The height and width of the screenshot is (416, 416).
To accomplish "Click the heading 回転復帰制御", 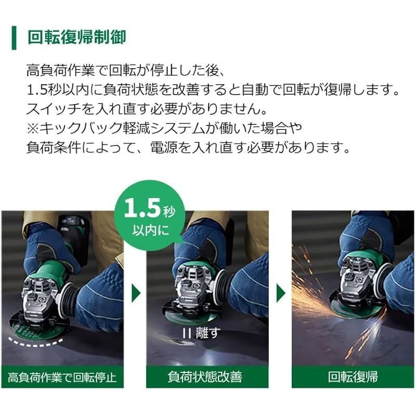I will (76, 38).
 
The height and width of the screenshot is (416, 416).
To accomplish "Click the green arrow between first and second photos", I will (136, 294).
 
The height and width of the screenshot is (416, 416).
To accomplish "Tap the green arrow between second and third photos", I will (281, 294).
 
